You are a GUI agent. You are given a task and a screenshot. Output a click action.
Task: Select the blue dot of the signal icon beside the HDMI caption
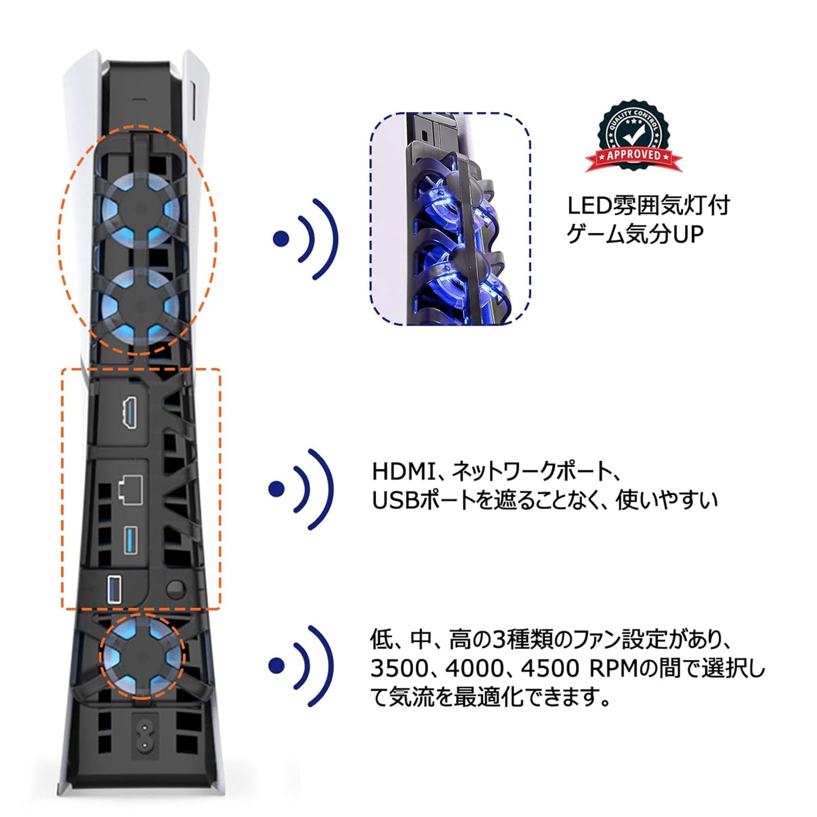click(276, 489)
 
